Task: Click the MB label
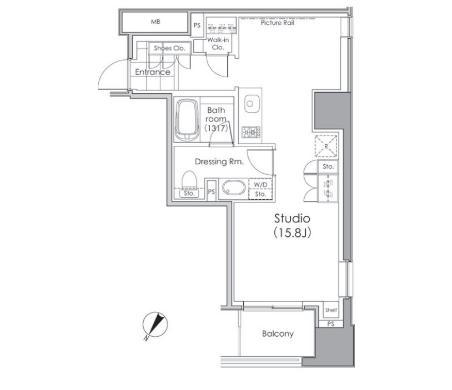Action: click(x=155, y=22)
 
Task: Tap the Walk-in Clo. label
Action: click(x=218, y=43)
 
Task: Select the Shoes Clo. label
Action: click(x=169, y=48)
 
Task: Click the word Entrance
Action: click(x=153, y=72)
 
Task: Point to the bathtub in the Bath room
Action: click(x=187, y=120)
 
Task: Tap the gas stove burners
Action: click(x=251, y=132)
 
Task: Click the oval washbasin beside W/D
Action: click(x=234, y=188)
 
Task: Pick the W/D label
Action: click(x=260, y=184)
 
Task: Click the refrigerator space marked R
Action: click(x=326, y=146)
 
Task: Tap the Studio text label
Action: click(x=292, y=219)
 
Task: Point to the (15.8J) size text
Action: click(x=292, y=232)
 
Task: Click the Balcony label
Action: click(x=278, y=333)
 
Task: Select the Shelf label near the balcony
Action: click(x=330, y=310)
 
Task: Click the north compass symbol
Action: click(x=155, y=325)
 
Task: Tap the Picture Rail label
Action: click(x=277, y=23)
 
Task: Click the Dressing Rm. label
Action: click(x=219, y=161)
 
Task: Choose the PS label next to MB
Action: click(x=197, y=26)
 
